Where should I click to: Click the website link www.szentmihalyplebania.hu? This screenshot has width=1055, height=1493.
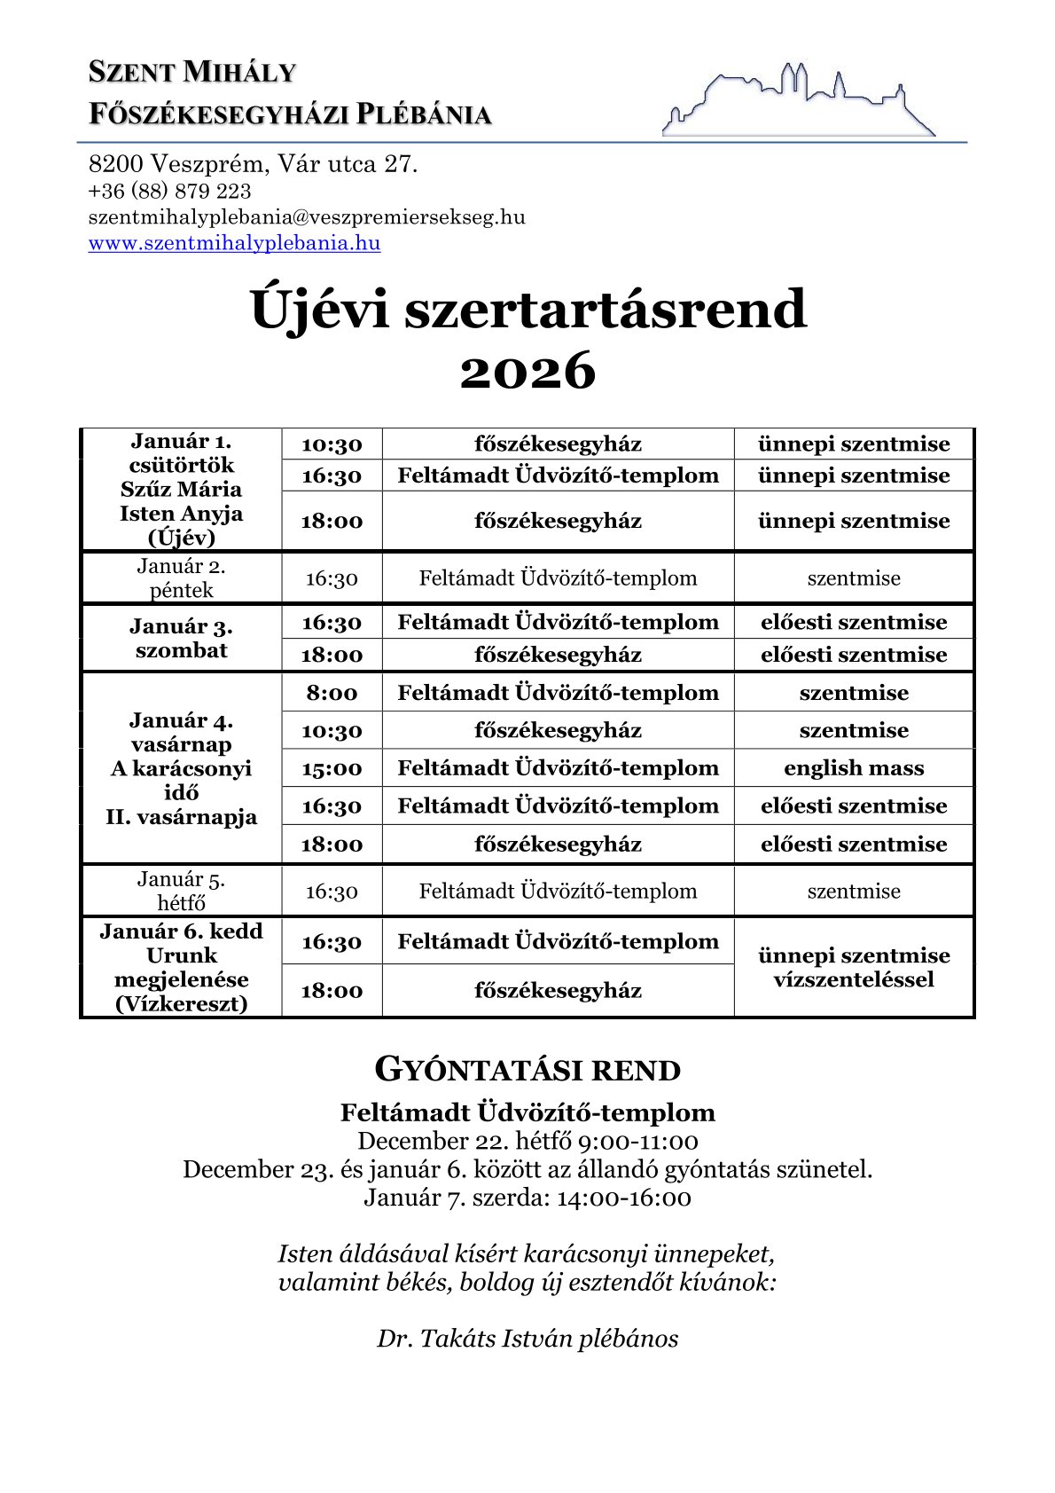pyautogui.click(x=234, y=243)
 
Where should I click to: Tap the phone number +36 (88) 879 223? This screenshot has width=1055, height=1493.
pyautogui.click(x=169, y=191)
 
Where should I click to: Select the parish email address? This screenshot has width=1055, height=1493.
pyautogui.click(x=307, y=217)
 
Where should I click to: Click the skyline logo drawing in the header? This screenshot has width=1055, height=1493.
pyautogui.click(x=798, y=99)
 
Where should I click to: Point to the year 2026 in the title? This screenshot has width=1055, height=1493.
pyautogui.click(x=527, y=371)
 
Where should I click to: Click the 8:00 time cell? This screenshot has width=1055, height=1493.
pyautogui.click(x=332, y=693)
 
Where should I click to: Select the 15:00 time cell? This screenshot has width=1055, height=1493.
pyautogui.click(x=332, y=768)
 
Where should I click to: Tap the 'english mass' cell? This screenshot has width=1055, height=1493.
pyautogui.click(x=853, y=768)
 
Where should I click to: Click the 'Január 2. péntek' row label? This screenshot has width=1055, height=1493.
pyautogui.click(x=181, y=578)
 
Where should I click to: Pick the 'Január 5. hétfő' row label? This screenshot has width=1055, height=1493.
pyautogui.click(x=181, y=891)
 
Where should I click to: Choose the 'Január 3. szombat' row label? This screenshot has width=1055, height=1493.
pyautogui.click(x=181, y=639)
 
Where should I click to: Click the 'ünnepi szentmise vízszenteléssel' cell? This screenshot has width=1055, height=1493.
pyautogui.click(x=853, y=967)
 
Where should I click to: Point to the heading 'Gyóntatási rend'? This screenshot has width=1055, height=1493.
pyautogui.click(x=527, y=1070)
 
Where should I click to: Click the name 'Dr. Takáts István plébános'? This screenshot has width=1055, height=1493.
pyautogui.click(x=527, y=1338)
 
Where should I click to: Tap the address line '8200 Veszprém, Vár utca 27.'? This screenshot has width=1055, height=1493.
pyautogui.click(x=253, y=164)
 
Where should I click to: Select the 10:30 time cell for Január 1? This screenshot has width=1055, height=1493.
pyautogui.click(x=332, y=444)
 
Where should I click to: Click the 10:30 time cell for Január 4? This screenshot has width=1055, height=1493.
pyautogui.click(x=332, y=731)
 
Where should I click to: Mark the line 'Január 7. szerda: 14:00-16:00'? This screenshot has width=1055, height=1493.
pyautogui.click(x=527, y=1198)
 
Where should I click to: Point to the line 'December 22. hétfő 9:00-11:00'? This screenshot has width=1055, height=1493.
pyautogui.click(x=527, y=1141)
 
